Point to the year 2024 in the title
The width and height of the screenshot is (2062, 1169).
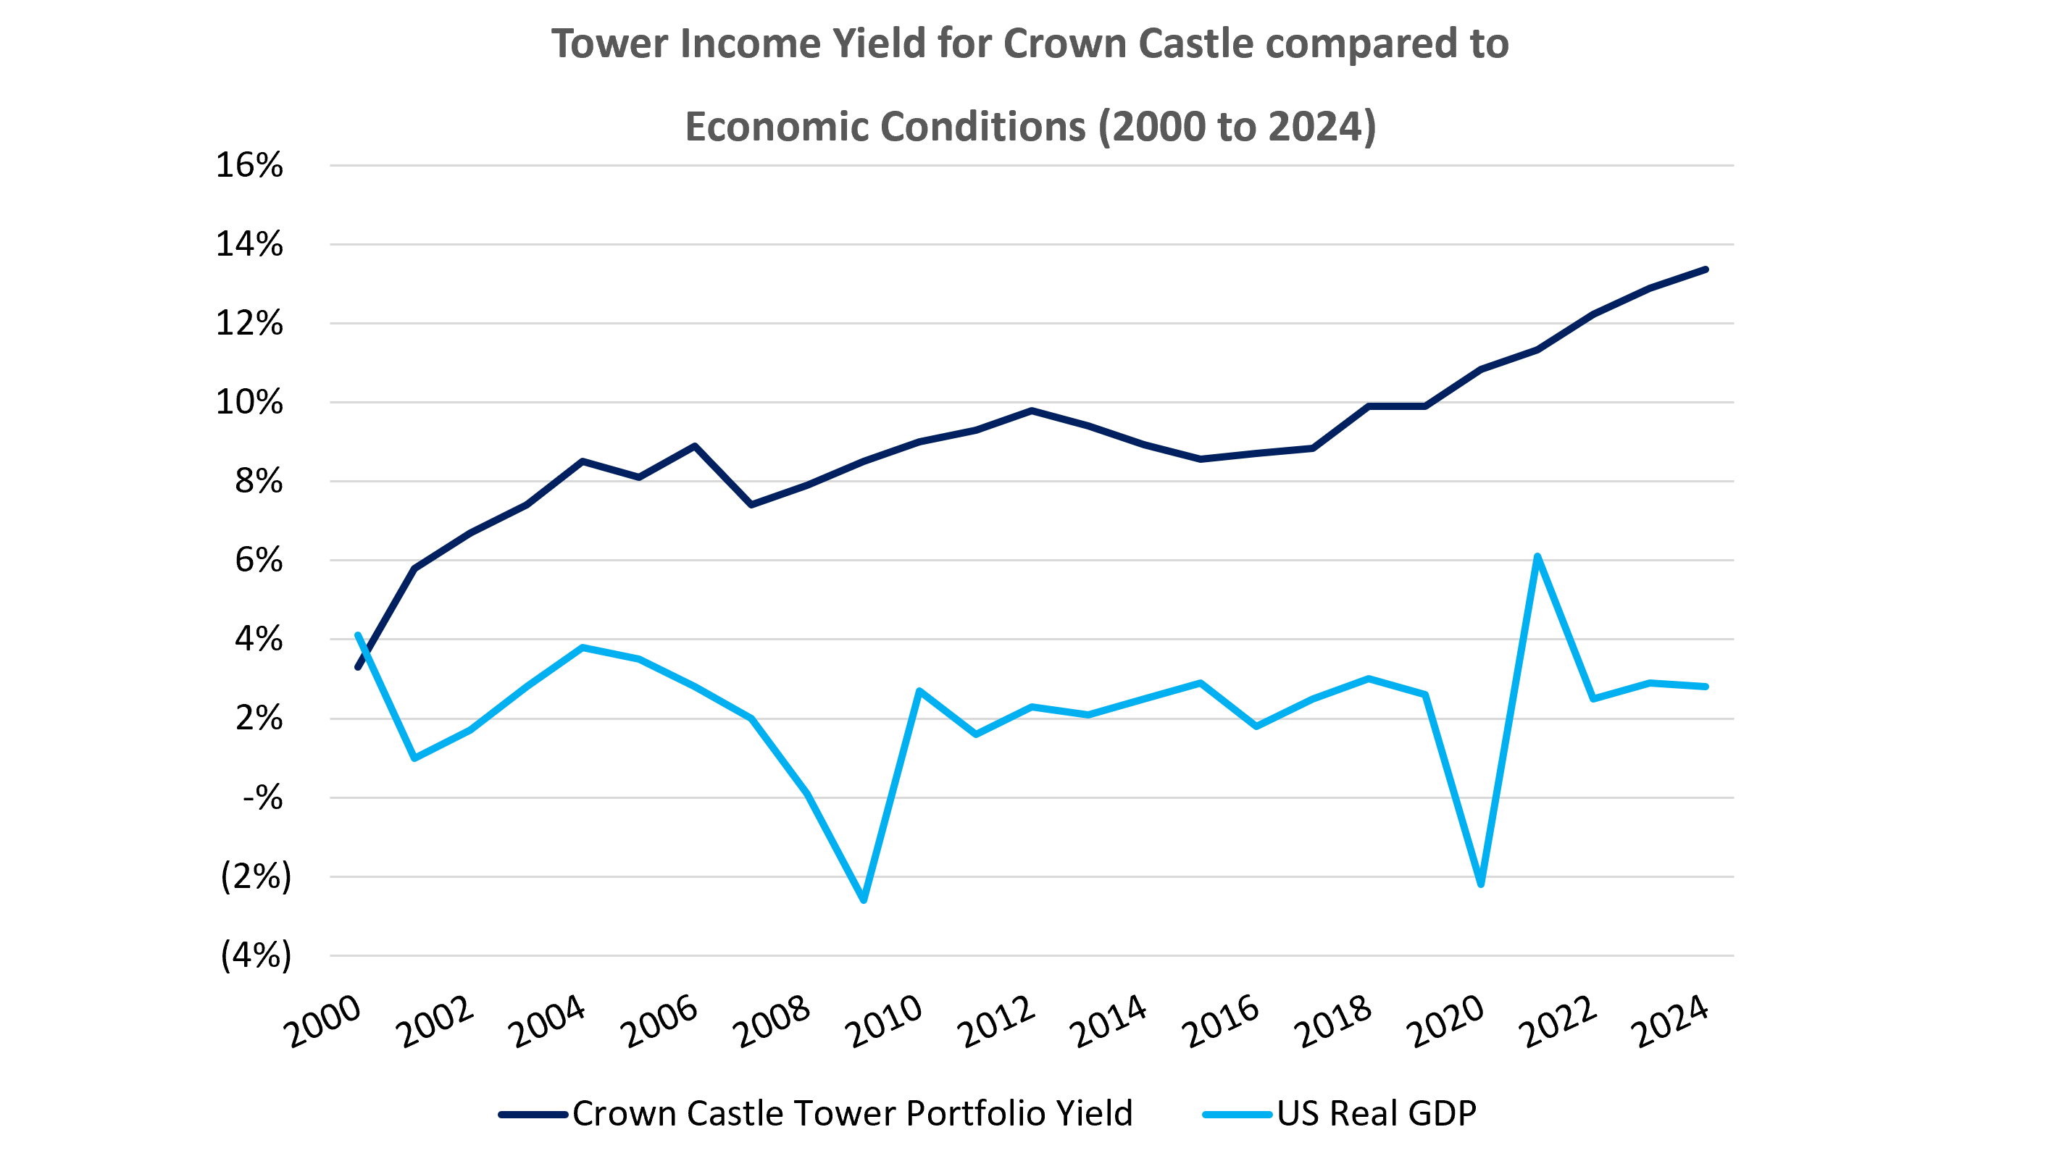pyautogui.click(x=1319, y=127)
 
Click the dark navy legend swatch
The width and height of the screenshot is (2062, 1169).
pyautogui.click(x=533, y=1115)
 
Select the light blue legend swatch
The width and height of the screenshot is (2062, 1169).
pyautogui.click(x=1237, y=1115)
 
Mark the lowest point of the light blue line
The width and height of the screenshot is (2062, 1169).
pyautogui.click(x=864, y=901)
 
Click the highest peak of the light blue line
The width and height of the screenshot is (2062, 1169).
pyautogui.click(x=1537, y=556)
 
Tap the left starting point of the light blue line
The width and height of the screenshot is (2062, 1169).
pyautogui.click(x=358, y=634)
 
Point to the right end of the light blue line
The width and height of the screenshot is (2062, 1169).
pyautogui.click(x=1706, y=687)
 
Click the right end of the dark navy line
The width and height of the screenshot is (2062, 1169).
pyautogui.click(x=1706, y=269)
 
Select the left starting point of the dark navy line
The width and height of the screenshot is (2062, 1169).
pyautogui.click(x=358, y=667)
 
